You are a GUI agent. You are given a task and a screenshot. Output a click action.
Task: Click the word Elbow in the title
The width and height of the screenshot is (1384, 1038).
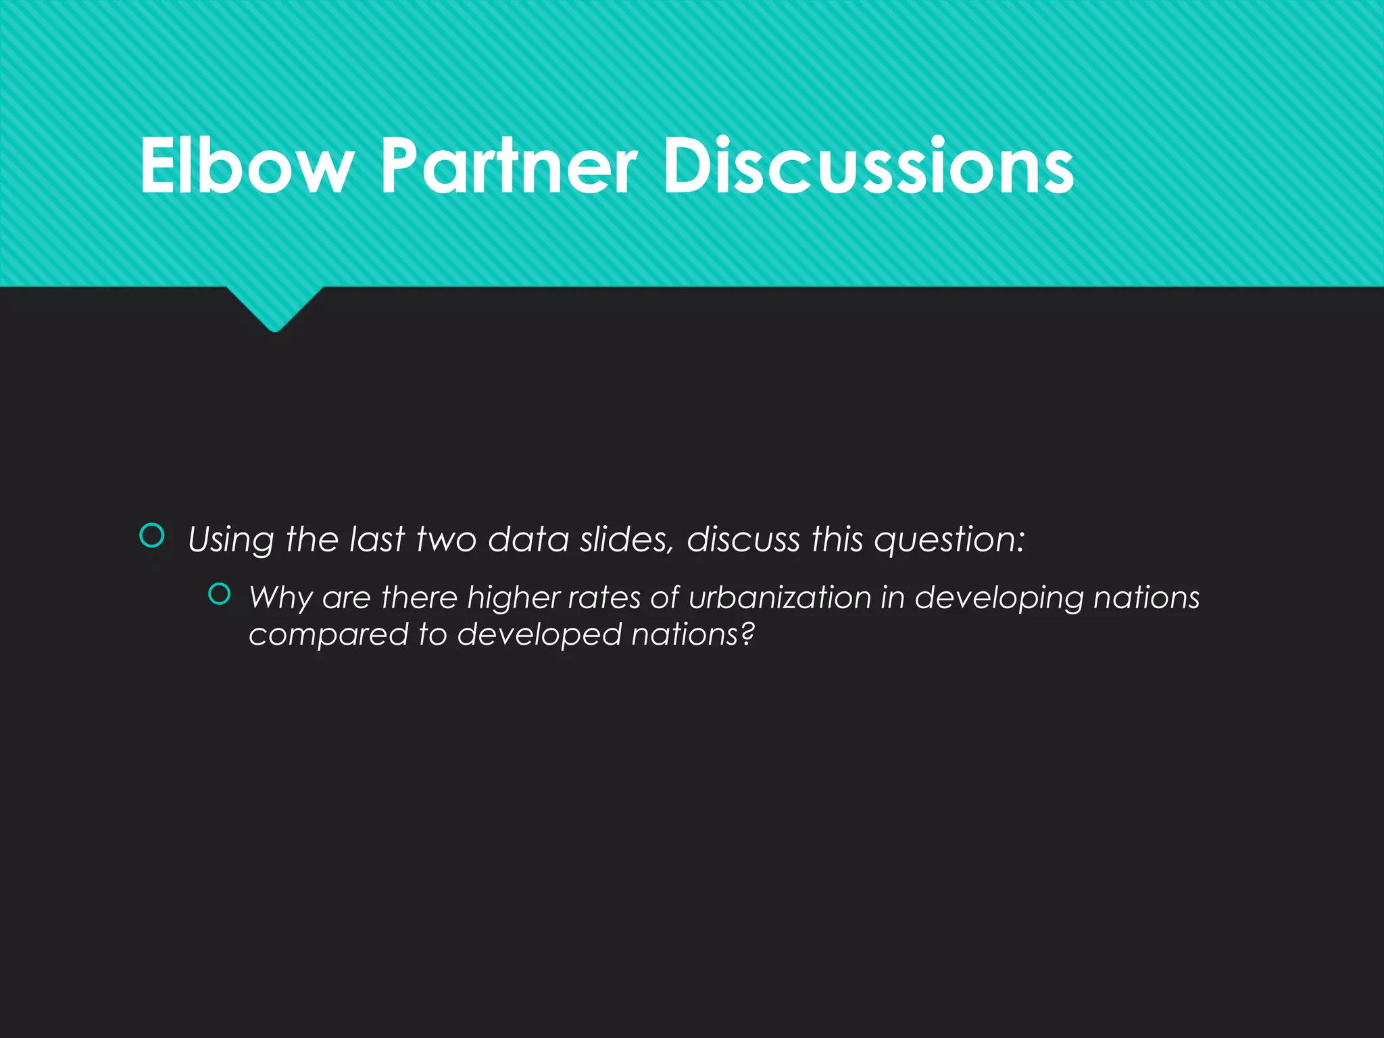[x=247, y=166]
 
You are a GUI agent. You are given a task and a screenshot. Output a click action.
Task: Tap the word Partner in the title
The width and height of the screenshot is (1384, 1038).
[x=508, y=166]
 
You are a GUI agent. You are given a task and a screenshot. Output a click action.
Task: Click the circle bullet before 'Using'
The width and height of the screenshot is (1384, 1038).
[x=152, y=536]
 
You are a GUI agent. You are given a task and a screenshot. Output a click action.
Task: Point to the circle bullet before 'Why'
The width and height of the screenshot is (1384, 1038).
[x=220, y=594]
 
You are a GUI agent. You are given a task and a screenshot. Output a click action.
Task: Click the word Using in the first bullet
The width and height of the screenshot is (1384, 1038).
[x=230, y=541]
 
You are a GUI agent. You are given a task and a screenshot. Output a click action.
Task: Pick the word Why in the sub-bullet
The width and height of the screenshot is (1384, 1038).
[x=279, y=598]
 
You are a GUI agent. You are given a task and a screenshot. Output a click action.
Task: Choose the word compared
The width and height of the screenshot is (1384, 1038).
[x=328, y=635]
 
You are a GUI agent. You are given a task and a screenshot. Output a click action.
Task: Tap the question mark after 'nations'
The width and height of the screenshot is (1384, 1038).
[x=747, y=634]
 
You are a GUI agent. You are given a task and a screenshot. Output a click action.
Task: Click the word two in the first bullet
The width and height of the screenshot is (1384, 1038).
[x=447, y=539]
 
